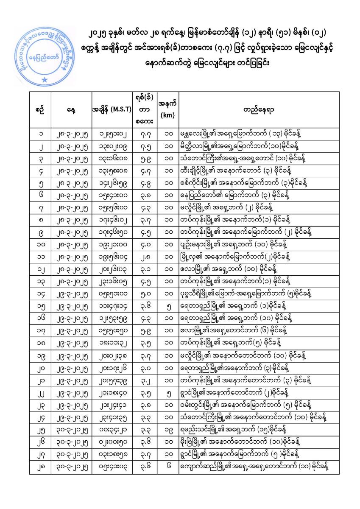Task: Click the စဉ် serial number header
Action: pyautogui.click(x=40, y=109)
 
